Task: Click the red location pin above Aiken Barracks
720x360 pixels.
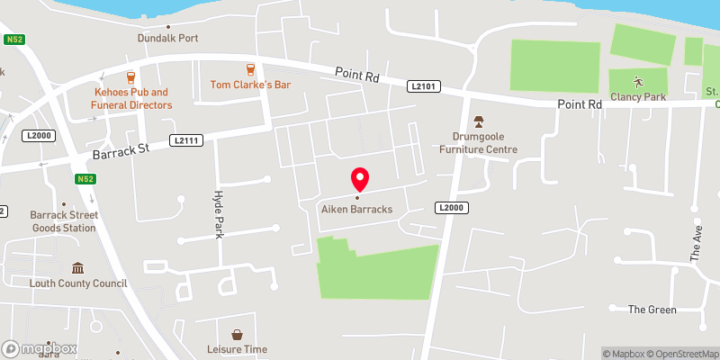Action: pos(359,178)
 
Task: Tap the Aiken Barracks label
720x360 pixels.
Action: pos(359,210)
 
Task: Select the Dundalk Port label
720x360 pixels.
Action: pos(167,38)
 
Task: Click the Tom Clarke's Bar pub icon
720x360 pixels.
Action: pos(250,69)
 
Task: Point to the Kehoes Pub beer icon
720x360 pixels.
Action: pos(131,76)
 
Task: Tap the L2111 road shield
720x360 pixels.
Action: pos(184,140)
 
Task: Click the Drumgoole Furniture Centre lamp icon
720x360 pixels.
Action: pos(479,121)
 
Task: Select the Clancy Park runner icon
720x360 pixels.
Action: pos(638,80)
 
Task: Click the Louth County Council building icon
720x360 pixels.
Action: pos(77,268)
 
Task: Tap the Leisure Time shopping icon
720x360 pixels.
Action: pos(237,334)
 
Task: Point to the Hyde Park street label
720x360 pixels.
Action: pos(218,215)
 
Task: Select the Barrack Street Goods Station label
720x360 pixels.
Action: pos(63,221)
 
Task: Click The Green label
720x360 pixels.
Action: pos(652,310)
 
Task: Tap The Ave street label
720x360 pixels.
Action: pos(696,243)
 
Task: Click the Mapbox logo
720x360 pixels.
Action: pos(40,349)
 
